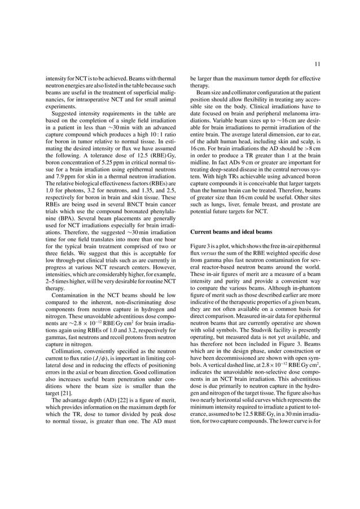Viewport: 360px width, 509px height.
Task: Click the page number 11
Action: [317, 64]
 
